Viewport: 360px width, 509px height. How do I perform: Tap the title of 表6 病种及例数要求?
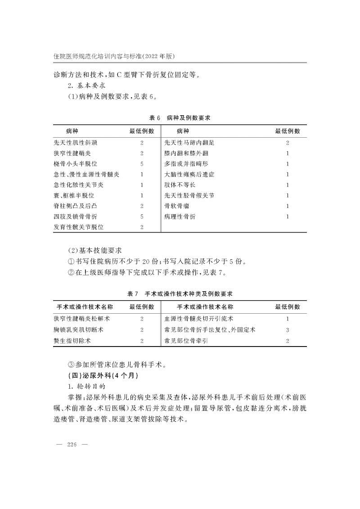click(180, 117)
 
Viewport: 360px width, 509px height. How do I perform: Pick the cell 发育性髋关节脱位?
click(78, 227)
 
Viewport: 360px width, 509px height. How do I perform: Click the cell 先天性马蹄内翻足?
click(189, 143)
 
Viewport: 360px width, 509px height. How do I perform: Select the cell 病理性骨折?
click(180, 217)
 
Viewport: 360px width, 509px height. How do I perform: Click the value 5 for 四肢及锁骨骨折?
click(142, 217)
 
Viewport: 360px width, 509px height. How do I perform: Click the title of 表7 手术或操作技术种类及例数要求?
click(180, 293)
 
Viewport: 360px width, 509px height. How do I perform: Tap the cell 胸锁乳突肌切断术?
click(78, 330)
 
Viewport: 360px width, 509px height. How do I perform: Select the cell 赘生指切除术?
click(72, 341)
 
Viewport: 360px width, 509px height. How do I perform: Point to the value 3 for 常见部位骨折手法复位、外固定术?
click(288, 330)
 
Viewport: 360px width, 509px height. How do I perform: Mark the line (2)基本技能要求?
click(95, 250)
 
